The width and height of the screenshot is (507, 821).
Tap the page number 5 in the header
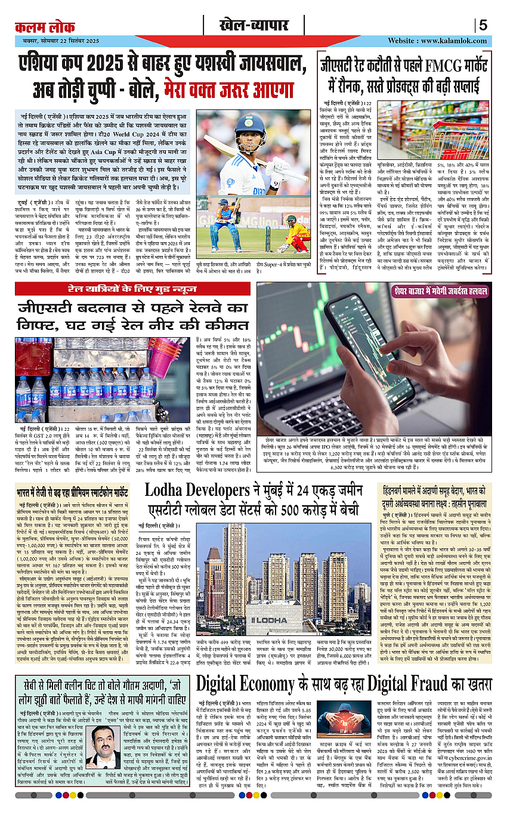(483, 26)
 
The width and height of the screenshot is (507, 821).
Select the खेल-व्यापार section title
(253, 26)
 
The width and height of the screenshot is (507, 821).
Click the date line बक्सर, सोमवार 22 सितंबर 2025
(57, 41)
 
